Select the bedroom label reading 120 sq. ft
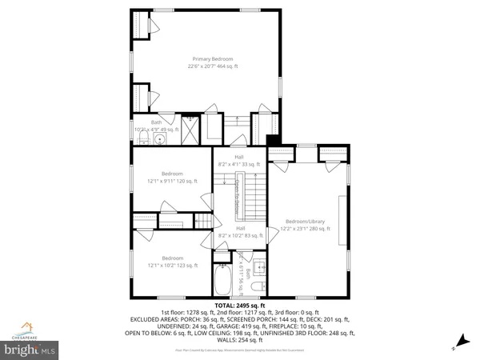tap(172, 178)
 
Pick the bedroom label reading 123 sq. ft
tap(172, 262)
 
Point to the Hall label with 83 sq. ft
tap(239, 233)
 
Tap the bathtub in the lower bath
tap(223, 281)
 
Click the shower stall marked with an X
tap(190, 130)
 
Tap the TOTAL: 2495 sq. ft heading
tap(239, 305)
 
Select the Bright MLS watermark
tap(30, 349)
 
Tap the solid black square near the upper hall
tap(272, 142)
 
